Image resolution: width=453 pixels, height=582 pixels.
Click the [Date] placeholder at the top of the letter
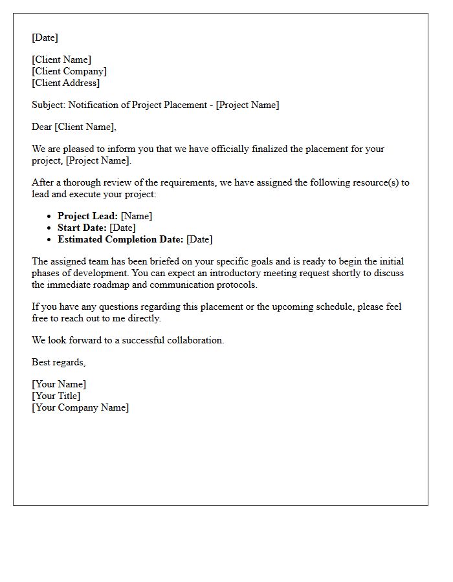[45, 38]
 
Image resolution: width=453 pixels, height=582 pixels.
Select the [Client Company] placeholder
[69, 71]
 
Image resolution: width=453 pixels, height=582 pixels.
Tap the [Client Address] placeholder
[66, 83]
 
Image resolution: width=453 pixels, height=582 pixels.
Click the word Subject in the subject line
[48, 105]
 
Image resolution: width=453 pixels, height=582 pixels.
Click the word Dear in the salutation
[42, 127]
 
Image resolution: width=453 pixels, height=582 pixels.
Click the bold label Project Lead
[87, 216]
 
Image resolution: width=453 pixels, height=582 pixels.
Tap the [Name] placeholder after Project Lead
[137, 216]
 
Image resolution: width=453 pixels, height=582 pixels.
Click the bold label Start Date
[82, 228]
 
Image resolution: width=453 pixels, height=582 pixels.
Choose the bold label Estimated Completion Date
[120, 239]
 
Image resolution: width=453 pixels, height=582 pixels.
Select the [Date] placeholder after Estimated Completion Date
[199, 239]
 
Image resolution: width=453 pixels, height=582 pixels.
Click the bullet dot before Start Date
[49, 228]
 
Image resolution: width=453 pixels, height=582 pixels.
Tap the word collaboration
[194, 340]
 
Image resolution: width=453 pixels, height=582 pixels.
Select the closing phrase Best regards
[58, 362]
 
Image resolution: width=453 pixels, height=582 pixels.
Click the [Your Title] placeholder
[56, 396]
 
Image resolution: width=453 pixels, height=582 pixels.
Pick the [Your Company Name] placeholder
[80, 407]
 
